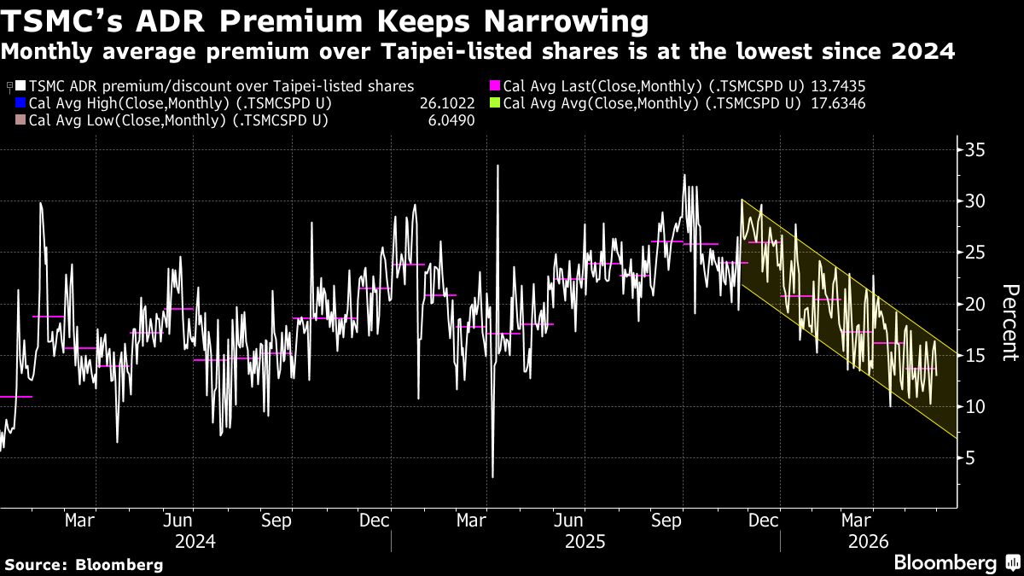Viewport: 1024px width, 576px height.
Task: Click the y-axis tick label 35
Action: pyautogui.click(x=975, y=150)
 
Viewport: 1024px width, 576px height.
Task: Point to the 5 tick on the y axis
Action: pyautogui.click(x=970, y=458)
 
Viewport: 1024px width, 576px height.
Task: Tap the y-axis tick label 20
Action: pyautogui.click(x=975, y=304)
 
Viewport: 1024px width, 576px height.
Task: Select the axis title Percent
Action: pyautogui.click(x=1011, y=323)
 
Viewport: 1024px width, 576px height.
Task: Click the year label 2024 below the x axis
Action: pyautogui.click(x=195, y=542)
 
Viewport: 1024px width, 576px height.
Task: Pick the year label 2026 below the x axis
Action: pyautogui.click(x=868, y=542)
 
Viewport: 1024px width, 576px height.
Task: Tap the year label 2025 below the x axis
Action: pyautogui.click(x=585, y=542)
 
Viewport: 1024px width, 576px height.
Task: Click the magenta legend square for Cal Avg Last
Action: pyautogui.click(x=495, y=85)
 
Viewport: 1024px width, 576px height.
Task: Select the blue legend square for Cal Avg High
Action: pyautogui.click(x=20, y=103)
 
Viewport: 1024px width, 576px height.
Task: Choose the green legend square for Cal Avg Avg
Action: pyautogui.click(x=495, y=103)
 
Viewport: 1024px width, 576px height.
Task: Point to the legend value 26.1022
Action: pyautogui.click(x=447, y=103)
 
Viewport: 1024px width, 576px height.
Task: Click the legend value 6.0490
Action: pyautogui.click(x=451, y=120)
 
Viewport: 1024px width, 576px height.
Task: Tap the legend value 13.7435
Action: pyautogui.click(x=838, y=86)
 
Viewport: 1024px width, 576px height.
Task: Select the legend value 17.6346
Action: pyautogui.click(x=838, y=103)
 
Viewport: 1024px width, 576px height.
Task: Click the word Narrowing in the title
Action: pyautogui.click(x=566, y=22)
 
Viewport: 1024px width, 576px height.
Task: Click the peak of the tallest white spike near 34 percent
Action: pyautogui.click(x=497, y=166)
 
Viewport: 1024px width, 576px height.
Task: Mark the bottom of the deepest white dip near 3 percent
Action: pyautogui.click(x=492, y=477)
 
